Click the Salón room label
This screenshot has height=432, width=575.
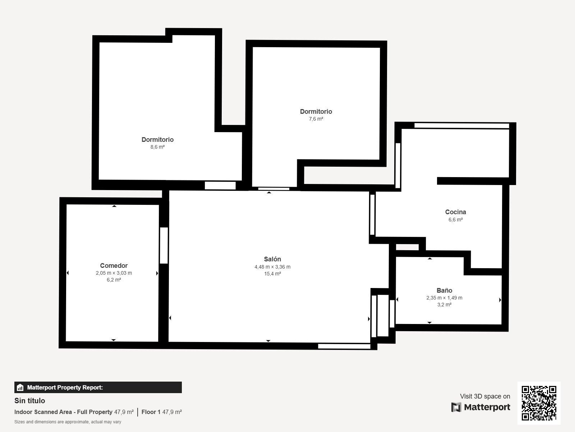pos(272,259)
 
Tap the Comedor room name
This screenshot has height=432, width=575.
pos(114,265)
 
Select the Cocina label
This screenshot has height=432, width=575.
pos(456,212)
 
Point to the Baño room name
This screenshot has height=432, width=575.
pos(444,291)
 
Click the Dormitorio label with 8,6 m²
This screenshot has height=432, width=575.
pos(157,140)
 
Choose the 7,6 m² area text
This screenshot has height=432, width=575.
pos(316,119)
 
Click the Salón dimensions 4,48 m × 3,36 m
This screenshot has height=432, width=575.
pos(272,267)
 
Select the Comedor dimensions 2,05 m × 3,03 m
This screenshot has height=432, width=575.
pos(114,273)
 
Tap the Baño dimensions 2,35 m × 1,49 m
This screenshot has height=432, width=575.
pos(444,298)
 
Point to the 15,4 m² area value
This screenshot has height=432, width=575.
pos(272,274)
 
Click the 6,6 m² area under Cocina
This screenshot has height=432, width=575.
pos(456,220)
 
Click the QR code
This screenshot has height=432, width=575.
pos(539,403)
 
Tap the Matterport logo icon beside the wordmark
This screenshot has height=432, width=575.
pos(456,407)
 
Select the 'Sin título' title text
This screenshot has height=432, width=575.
pos(29,401)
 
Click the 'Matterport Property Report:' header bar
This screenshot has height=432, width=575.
pos(98,387)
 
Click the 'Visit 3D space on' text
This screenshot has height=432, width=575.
pos(485,396)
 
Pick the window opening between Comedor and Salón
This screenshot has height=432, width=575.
pos(164,246)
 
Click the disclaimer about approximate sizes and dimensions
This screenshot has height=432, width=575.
pos(68,422)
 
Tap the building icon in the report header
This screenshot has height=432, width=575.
pos(20,387)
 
